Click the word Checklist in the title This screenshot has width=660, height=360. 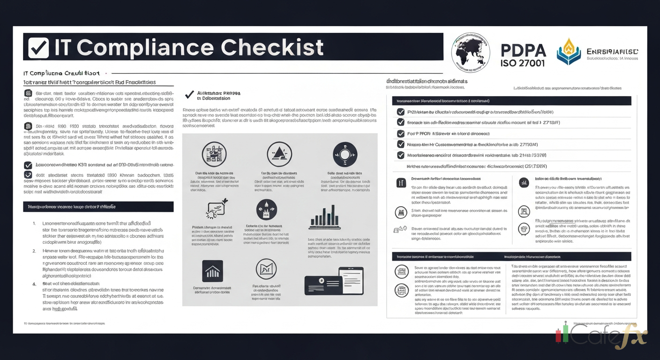click(x=272, y=48)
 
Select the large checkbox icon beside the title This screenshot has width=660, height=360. click(x=38, y=48)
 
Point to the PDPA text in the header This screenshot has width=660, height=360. click(x=522, y=50)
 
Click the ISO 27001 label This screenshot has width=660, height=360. click(x=522, y=63)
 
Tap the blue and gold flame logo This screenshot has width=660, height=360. click(x=568, y=52)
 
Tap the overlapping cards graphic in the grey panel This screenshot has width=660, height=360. click(x=334, y=281)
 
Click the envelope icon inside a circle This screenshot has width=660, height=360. click(x=266, y=270)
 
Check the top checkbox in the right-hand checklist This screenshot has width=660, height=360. click(x=400, y=112)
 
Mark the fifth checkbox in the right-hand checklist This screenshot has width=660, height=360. click(x=400, y=155)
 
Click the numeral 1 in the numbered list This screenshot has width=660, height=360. click(x=35, y=224)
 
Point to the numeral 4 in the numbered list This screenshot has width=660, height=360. click(x=35, y=284)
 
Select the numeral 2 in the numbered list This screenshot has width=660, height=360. click(x=35, y=251)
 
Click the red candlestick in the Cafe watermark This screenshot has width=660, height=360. click(x=558, y=336)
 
